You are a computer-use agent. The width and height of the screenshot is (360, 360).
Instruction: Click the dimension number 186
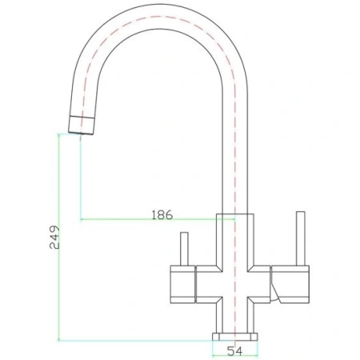point(162,215)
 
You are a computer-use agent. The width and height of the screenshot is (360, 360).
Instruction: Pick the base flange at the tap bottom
point(234,334)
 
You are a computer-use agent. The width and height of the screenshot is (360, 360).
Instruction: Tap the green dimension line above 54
point(234,342)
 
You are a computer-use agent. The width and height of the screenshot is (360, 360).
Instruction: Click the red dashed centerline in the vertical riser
point(234,160)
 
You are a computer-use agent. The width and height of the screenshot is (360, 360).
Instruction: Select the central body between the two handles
point(234,280)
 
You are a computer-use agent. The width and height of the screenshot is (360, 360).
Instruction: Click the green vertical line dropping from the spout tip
point(81,176)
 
